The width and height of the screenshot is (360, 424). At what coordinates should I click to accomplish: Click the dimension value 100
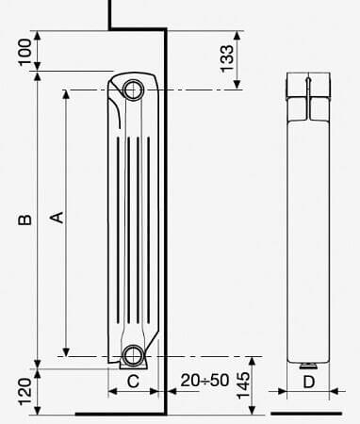point(25,52)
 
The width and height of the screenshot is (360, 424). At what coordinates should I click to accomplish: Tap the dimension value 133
point(227,58)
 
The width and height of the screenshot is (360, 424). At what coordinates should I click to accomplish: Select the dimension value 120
point(25,392)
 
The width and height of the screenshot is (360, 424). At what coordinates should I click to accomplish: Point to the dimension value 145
point(243,385)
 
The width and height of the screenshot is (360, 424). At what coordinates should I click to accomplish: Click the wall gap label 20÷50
point(205,381)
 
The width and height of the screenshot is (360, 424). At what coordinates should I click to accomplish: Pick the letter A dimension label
point(57,218)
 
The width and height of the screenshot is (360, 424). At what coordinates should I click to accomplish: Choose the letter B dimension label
point(25,220)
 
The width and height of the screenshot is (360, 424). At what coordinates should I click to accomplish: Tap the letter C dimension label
point(133,382)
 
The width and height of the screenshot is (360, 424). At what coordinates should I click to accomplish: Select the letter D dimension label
point(308,382)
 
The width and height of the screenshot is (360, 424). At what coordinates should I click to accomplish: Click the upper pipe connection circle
point(134,90)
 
